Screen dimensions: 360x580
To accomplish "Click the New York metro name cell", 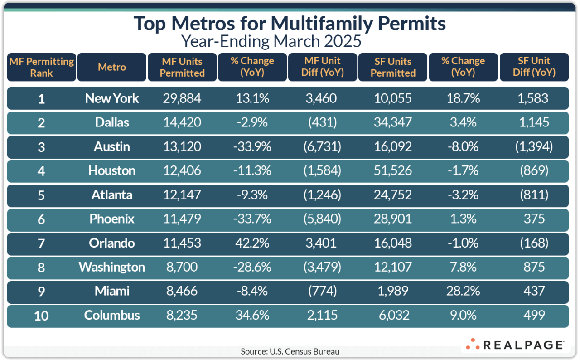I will pyautogui.click(x=112, y=98).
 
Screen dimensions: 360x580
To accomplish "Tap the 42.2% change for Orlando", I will pyautogui.click(x=252, y=243).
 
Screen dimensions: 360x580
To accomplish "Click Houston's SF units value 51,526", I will pyautogui.click(x=393, y=170).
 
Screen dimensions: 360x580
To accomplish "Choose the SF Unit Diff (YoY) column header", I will pyautogui.click(x=534, y=67).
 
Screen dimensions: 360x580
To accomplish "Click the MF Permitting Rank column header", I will pyautogui.click(x=42, y=67).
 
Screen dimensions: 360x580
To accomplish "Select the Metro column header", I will pyautogui.click(x=112, y=67).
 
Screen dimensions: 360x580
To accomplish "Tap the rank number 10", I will pyautogui.click(x=41, y=315).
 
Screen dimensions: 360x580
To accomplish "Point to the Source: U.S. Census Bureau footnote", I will pyautogui.click(x=290, y=351).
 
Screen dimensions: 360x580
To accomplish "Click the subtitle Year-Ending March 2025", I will pyautogui.click(x=271, y=41).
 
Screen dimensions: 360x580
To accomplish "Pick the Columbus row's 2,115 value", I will pyautogui.click(x=322, y=315).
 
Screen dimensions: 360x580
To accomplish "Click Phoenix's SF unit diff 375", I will pyautogui.click(x=534, y=219).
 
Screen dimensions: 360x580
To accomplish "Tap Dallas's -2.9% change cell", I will pyautogui.click(x=252, y=122).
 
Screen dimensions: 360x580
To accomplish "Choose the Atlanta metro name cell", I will pyautogui.click(x=112, y=195).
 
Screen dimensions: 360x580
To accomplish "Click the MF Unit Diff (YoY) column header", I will pyautogui.click(x=322, y=67).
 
